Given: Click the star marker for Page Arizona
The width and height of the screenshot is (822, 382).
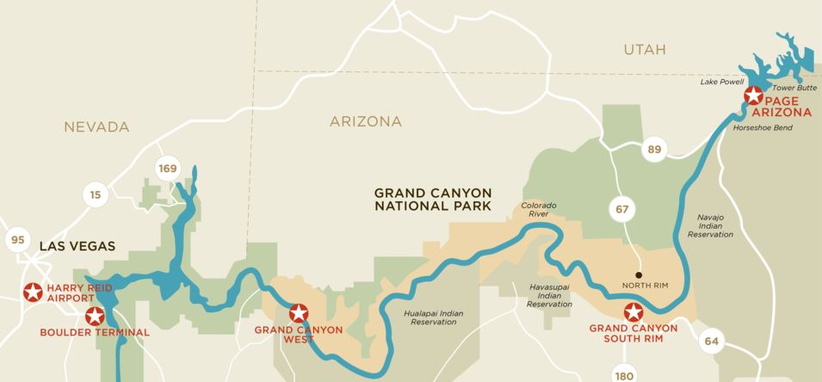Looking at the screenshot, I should (x=753, y=95).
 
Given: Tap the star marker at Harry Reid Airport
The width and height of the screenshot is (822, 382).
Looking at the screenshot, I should (x=33, y=293).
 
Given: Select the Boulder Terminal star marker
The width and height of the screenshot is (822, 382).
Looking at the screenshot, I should (x=95, y=316).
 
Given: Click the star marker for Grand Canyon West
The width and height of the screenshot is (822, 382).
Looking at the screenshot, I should (x=299, y=313).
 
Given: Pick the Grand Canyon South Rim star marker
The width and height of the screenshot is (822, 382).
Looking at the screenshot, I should (x=633, y=312).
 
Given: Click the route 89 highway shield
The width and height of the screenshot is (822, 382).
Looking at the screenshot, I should (x=654, y=151).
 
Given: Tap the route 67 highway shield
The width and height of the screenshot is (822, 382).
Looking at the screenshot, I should (x=621, y=208).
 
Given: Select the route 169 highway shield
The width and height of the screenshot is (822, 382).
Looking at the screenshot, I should (x=167, y=168).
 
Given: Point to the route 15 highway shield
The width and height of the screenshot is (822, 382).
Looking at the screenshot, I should (x=96, y=195).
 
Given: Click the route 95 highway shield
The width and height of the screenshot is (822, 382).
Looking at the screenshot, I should (x=18, y=239).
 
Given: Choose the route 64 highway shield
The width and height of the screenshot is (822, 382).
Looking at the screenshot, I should (x=711, y=341).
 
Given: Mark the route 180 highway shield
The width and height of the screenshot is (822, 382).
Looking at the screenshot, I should (x=626, y=374).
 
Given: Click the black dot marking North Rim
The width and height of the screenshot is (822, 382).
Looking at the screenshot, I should (x=639, y=274).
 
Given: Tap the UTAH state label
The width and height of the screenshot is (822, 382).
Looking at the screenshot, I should (x=645, y=50).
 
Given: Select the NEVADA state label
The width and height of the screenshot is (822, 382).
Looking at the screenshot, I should (x=96, y=127).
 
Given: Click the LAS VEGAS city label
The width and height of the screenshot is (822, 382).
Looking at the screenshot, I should (x=77, y=246).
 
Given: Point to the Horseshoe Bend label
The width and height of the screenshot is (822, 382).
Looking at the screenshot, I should (x=762, y=127).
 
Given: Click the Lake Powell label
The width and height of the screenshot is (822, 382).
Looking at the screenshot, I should (x=721, y=82).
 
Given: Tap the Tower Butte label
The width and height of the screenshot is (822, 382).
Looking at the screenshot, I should (x=794, y=88).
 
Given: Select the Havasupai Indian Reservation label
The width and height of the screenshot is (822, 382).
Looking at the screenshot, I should (x=549, y=295).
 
